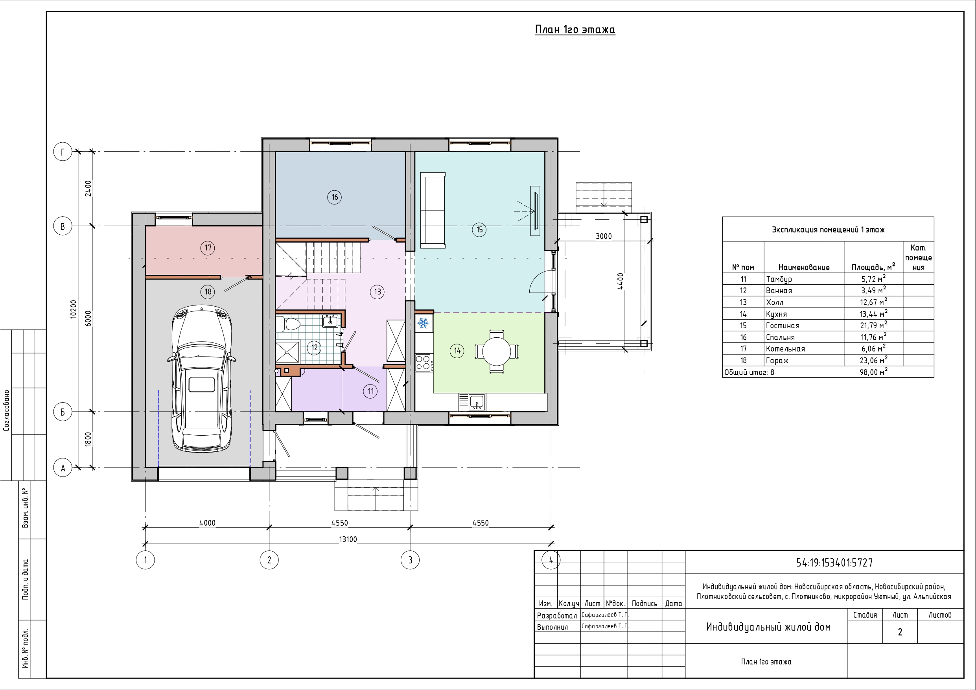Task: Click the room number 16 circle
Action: point(335,197)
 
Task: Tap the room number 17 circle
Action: point(208,248)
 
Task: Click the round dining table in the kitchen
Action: point(497,351)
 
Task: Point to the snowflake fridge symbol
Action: point(423,323)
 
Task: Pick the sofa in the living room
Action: point(433,210)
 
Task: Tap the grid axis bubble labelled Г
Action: point(63,152)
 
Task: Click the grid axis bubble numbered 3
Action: point(410,560)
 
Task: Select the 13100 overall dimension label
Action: point(348,539)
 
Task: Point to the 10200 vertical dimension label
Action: point(74,309)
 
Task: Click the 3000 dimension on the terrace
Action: point(604,236)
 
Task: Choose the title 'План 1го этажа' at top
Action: point(575,30)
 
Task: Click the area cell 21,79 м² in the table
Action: point(873,325)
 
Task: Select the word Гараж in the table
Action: point(777,361)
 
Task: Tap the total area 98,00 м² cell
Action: point(873,372)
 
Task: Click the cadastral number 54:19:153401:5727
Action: point(834,563)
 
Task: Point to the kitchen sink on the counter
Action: point(477,402)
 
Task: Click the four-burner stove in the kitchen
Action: point(424,363)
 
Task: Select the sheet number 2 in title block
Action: point(900,632)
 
